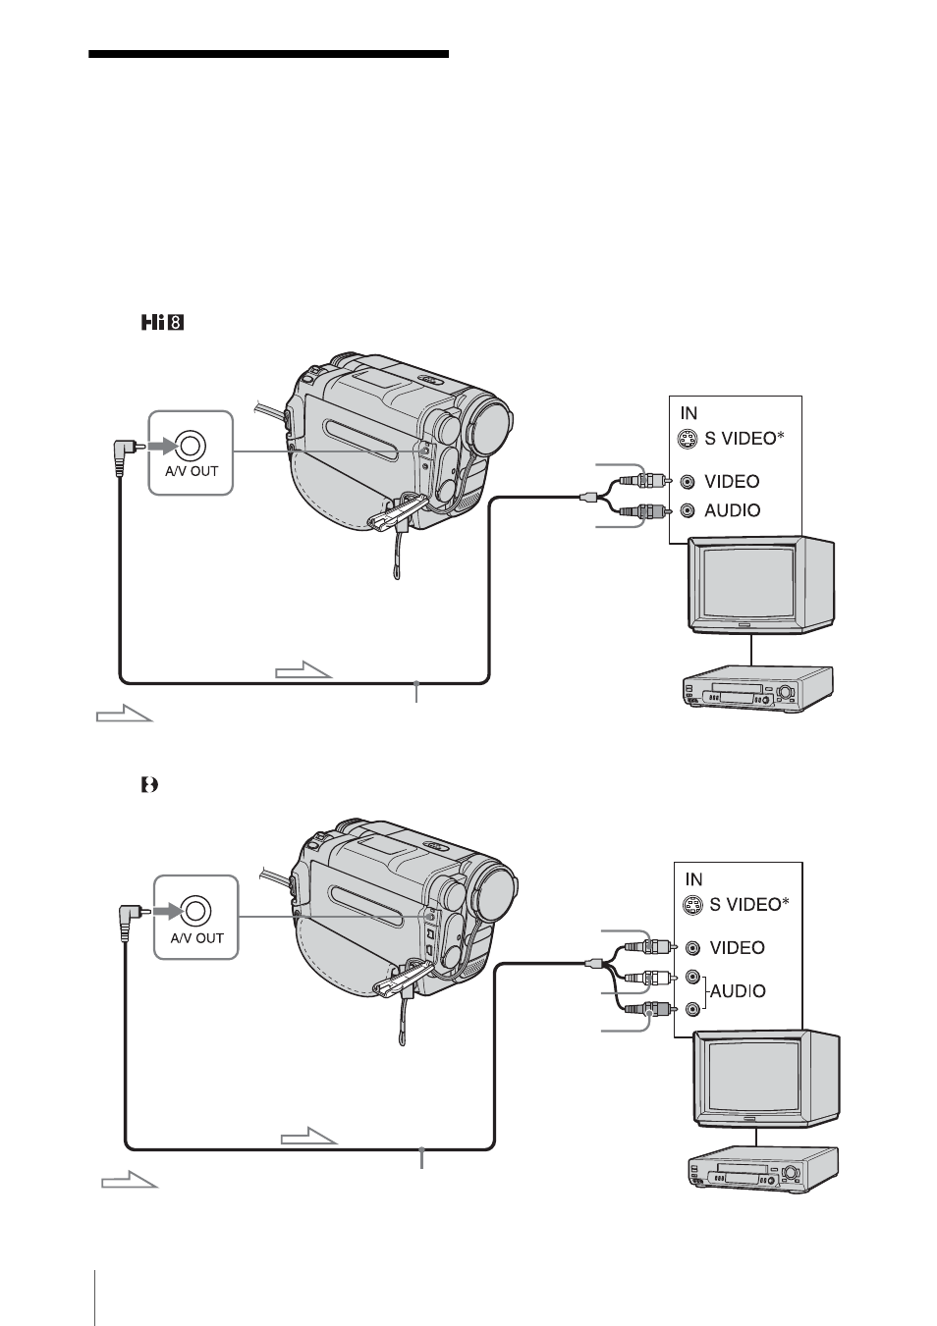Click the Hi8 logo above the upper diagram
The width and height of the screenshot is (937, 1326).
(x=162, y=323)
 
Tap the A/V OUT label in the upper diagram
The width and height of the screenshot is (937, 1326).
(x=192, y=471)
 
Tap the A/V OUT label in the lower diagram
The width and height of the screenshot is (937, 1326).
(x=196, y=937)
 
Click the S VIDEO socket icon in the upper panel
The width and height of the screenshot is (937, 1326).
(x=687, y=440)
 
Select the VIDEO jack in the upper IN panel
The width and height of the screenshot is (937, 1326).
(x=688, y=482)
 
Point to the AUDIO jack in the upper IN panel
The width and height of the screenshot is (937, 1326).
(x=688, y=510)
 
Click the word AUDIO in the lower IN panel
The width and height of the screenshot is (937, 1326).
(x=738, y=991)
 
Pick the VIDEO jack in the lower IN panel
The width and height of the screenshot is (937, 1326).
(x=692, y=948)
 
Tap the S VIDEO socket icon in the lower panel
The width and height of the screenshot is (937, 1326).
(x=691, y=905)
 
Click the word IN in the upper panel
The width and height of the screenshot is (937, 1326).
(x=689, y=412)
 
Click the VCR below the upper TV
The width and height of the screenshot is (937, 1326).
(x=757, y=688)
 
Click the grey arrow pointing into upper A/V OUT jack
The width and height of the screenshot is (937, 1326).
(x=162, y=446)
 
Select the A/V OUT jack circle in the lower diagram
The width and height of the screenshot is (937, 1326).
(x=196, y=911)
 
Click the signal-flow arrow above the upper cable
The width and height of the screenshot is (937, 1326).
(x=303, y=669)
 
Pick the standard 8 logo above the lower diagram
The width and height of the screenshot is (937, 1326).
(x=150, y=785)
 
